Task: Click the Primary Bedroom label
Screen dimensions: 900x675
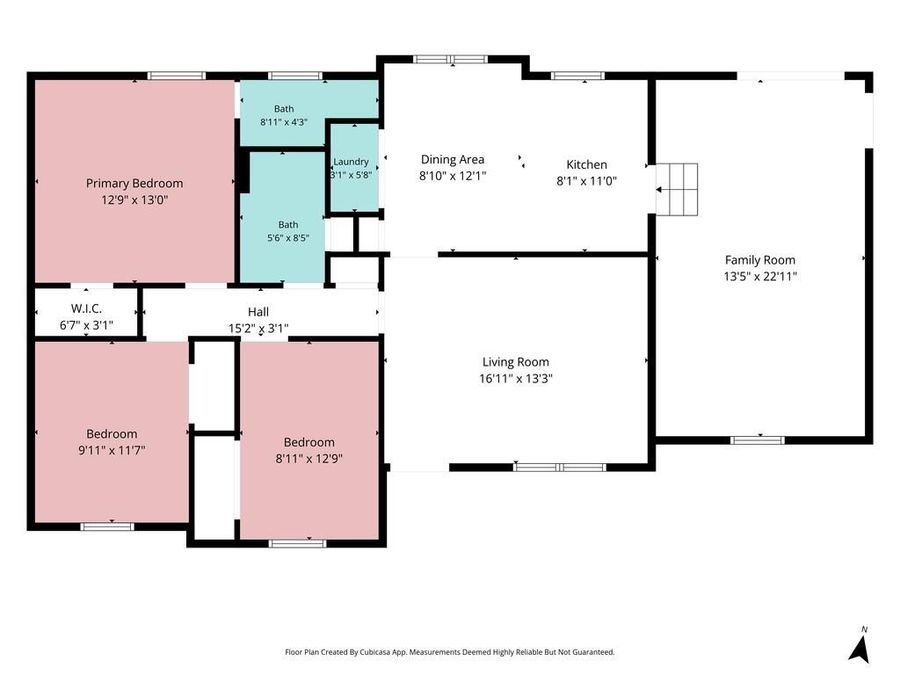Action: [x=134, y=183]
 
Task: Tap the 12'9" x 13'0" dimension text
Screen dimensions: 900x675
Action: [x=134, y=200]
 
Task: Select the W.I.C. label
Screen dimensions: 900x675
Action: [x=86, y=309]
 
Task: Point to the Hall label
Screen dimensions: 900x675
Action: [x=258, y=312]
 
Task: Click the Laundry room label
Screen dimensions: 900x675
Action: [x=351, y=162]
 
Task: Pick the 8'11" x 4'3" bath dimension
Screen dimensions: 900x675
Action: [x=284, y=122]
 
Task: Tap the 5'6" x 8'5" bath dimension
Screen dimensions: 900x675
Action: [x=288, y=237]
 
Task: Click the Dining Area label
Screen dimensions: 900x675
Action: [x=452, y=160]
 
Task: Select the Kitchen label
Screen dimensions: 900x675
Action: [x=587, y=165]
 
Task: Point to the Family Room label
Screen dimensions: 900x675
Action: [x=760, y=260]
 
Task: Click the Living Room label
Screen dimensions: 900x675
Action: [x=515, y=362]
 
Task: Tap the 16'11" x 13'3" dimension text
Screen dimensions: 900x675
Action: [x=515, y=378]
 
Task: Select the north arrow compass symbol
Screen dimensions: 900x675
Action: [x=859, y=649]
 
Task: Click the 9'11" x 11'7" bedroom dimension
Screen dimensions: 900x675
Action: [x=111, y=450]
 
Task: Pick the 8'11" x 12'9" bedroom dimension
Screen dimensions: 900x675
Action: [x=309, y=459]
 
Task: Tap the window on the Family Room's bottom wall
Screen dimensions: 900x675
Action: [x=757, y=440]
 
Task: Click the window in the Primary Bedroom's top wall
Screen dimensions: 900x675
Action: [x=176, y=76]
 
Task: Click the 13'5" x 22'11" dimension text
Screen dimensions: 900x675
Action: [x=760, y=276]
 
